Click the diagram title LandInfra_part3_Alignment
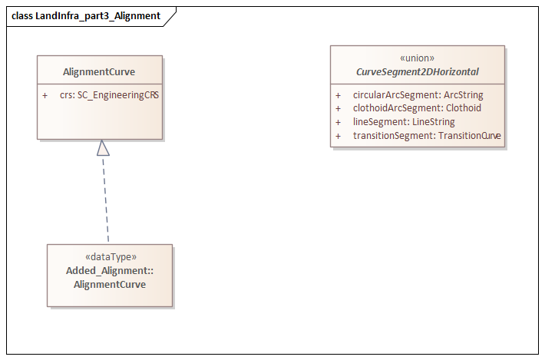click(97, 15)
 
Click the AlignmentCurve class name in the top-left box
click(99, 72)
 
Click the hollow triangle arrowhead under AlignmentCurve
click(103, 148)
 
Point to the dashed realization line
click(105, 200)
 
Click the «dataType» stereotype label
click(110, 258)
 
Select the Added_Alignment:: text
click(110, 271)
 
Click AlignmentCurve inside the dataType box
click(110, 284)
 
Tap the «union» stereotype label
click(417, 58)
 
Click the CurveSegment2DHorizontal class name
click(417, 71)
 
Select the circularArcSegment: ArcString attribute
click(418, 95)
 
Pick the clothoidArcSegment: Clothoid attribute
click(417, 108)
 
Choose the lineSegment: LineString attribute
click(404, 122)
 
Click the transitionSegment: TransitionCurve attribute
click(427, 136)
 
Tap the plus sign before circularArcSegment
click(339, 95)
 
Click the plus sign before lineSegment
click(339, 122)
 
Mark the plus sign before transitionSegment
click(339, 136)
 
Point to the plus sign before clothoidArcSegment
click(339, 108)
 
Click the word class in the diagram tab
click(21, 15)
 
